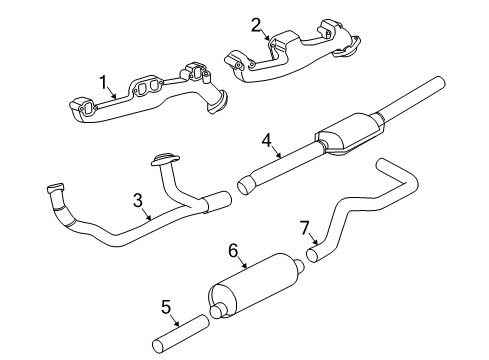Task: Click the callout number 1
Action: tap(101, 81)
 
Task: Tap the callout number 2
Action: tap(256, 24)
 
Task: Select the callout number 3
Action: tap(138, 200)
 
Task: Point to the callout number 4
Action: tap(265, 141)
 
